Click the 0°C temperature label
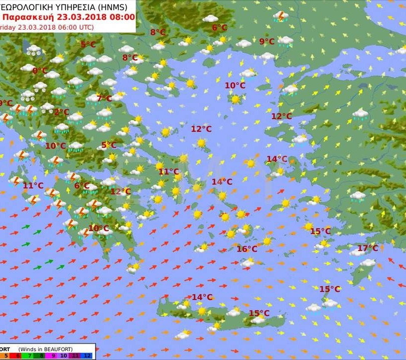[x=40, y=71]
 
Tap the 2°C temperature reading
[x=61, y=112]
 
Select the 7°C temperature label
[x=104, y=98]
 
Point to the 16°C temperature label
[x=247, y=249]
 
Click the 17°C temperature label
[x=367, y=248]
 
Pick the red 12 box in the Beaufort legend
[x=87, y=356]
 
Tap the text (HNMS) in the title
[x=111, y=6]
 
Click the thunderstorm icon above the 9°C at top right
[x=281, y=17]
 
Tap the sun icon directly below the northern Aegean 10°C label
[x=235, y=99]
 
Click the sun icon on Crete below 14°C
[x=202, y=311]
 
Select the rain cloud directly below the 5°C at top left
[x=88, y=59]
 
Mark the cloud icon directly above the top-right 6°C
[x=210, y=19]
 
